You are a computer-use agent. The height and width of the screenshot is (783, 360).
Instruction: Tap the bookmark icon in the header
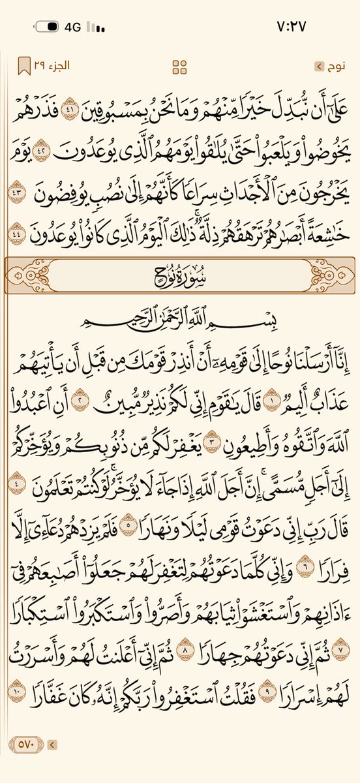pos(23,66)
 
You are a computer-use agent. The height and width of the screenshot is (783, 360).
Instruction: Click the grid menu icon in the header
pos(179,66)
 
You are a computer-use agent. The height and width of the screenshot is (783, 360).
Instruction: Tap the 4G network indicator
pos(72,28)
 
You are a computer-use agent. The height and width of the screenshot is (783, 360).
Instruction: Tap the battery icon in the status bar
pos(47,28)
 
